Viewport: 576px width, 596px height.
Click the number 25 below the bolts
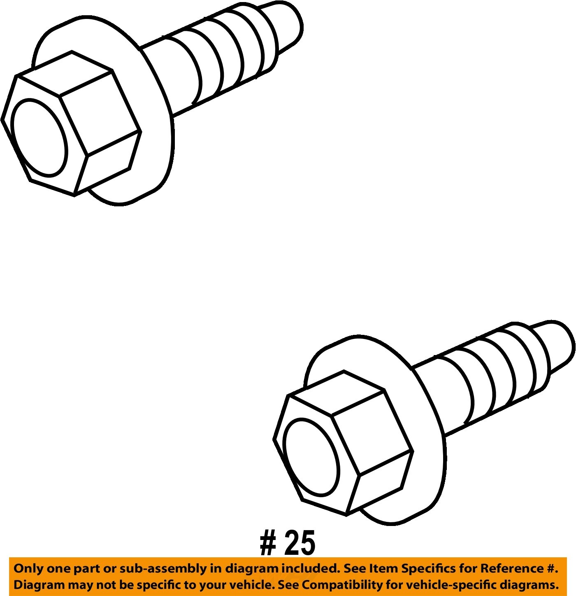pos(300,542)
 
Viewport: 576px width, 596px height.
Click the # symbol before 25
pos(268,543)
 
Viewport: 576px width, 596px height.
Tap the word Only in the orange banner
pos(28,569)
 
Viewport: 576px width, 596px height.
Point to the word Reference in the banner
pos(513,569)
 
